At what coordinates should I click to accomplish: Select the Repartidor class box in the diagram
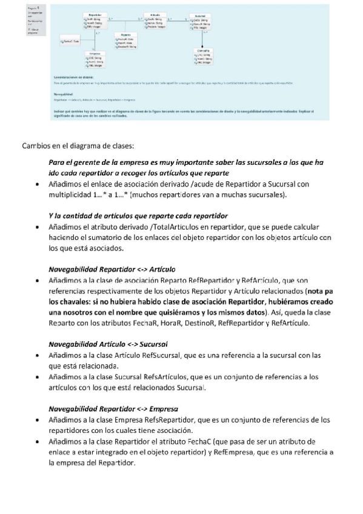(95, 21)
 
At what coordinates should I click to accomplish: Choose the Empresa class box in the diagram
(95, 61)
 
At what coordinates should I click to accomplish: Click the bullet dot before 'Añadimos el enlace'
(40, 182)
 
